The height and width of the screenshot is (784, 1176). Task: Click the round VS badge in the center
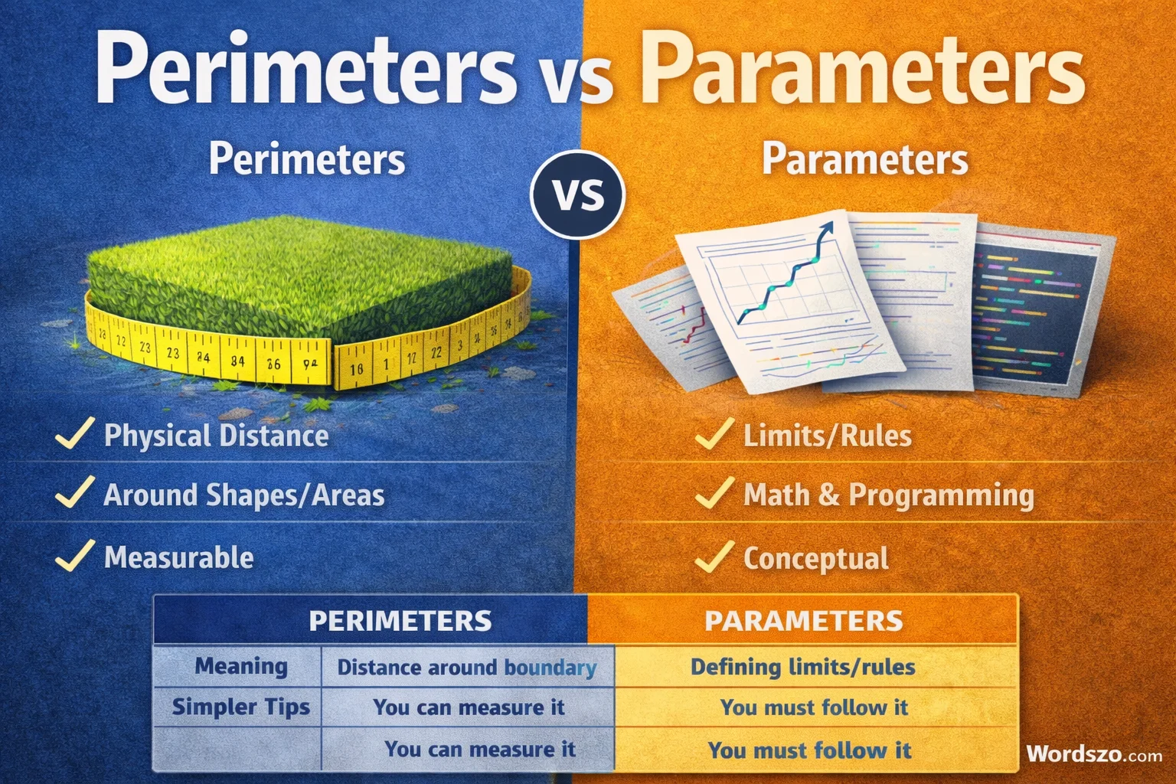coord(578,194)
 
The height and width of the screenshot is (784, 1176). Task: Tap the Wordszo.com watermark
coord(1094,753)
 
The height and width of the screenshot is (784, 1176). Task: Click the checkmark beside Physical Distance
coord(74,433)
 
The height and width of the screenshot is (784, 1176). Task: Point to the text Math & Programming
coord(888,495)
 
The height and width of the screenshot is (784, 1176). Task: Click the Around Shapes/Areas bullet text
coord(244,495)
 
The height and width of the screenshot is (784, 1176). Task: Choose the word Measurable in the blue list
coord(179,557)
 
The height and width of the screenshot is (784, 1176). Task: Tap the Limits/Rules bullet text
coord(828,436)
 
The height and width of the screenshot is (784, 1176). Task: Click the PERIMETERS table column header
coord(400,620)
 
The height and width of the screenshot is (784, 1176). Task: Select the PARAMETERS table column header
coord(803,620)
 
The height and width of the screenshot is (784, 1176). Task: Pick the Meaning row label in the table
coord(240,666)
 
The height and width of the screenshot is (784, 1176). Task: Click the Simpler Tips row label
coord(240,707)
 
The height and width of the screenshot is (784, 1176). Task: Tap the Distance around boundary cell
coord(467,668)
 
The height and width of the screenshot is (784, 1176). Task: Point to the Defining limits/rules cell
coord(802,667)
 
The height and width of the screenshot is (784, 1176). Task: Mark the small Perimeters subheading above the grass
coord(307,159)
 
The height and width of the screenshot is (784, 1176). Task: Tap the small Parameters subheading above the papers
coord(864,159)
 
